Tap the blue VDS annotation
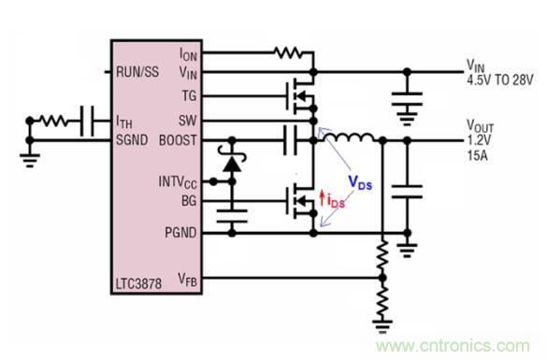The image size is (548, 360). point(357,185)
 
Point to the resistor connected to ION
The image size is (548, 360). point(291,53)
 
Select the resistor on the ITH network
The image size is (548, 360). point(53,121)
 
